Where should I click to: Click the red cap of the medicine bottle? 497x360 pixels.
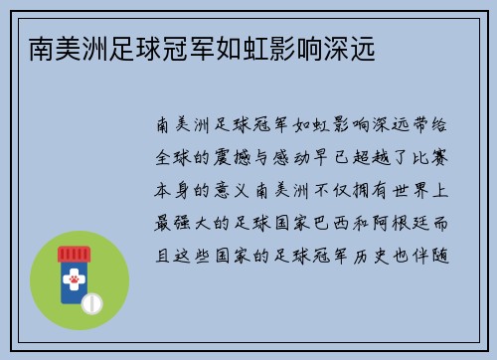tap(73, 253)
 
